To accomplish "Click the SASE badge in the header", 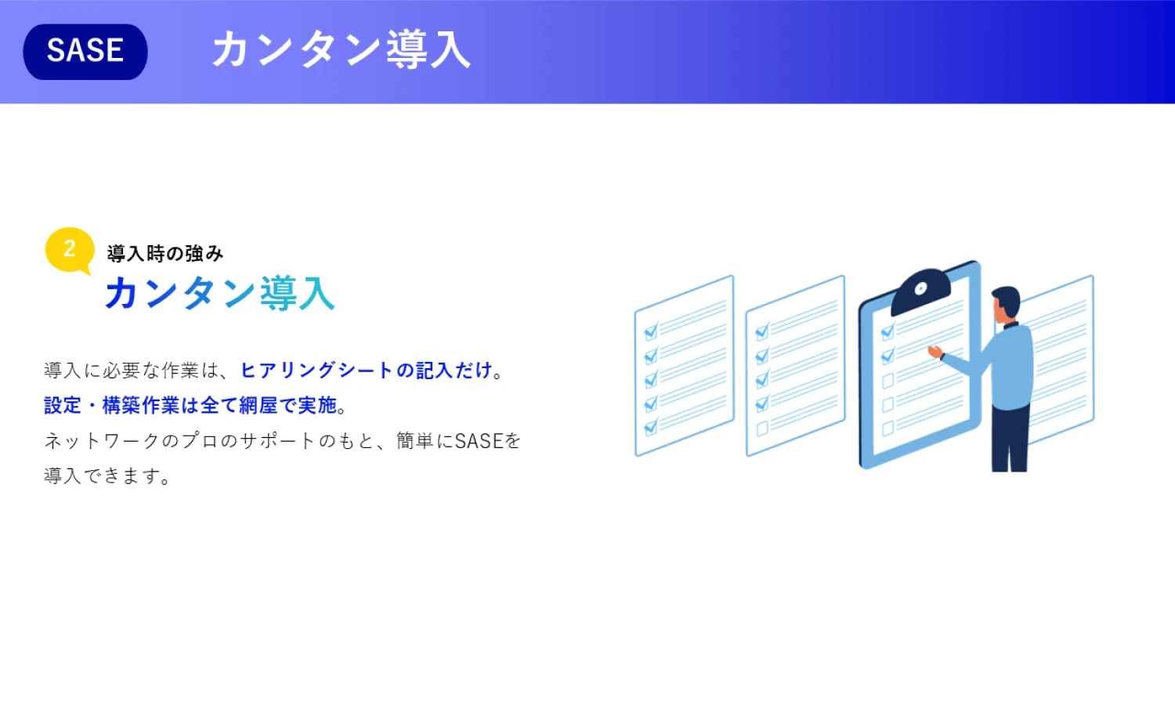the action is (x=85, y=52).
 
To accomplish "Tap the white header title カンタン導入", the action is (x=341, y=50).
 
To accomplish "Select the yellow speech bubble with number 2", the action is (x=69, y=250).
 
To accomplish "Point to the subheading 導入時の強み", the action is (x=165, y=254).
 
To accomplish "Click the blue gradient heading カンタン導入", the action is (x=220, y=293).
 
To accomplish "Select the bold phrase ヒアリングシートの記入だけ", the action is (x=366, y=371).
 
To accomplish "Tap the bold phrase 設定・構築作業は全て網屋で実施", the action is (x=190, y=406).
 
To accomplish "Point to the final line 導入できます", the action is (x=107, y=476).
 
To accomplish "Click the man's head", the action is (x=1006, y=305).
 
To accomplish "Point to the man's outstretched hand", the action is (x=935, y=352).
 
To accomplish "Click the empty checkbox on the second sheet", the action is (x=763, y=428).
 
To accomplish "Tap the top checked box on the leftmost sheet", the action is (x=651, y=331).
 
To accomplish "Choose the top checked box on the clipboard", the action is (x=888, y=331).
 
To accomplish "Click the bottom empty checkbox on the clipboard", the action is (x=888, y=429).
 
